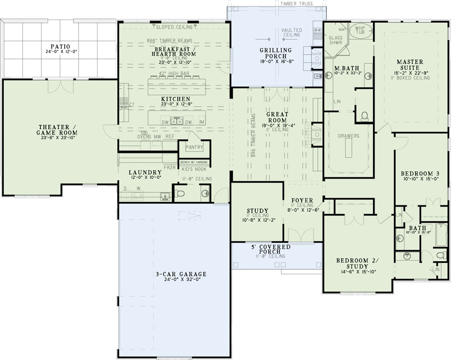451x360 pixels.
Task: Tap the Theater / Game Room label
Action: coord(59,130)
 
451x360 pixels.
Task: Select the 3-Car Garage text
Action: coord(174,274)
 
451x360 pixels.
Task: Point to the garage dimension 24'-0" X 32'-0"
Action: coord(174,280)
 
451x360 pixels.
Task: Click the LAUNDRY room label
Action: coord(145,173)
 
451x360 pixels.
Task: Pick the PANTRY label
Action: coord(194,148)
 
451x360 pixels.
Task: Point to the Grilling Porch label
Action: coord(273,53)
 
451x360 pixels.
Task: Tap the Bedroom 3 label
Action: coord(419,174)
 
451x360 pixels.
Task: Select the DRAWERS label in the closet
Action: coord(349,136)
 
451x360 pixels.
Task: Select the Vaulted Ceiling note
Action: coord(292,33)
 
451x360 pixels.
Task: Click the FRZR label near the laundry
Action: coord(169,167)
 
